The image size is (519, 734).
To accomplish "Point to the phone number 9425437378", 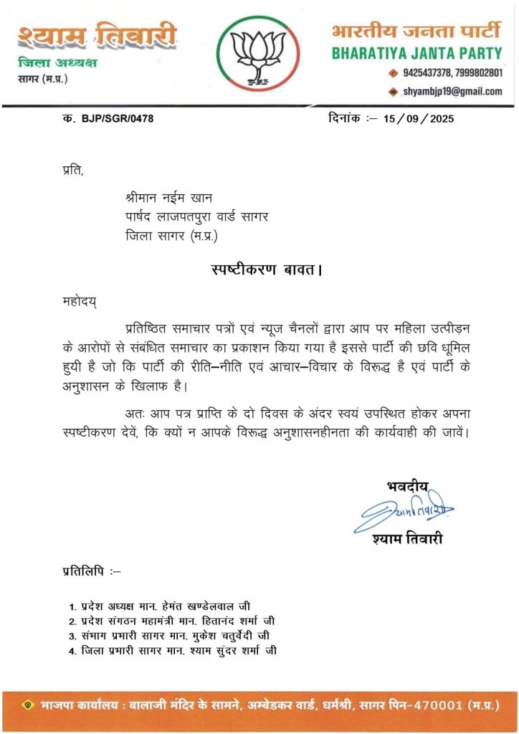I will click(x=426, y=73).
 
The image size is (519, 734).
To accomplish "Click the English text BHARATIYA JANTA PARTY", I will click(x=416, y=53).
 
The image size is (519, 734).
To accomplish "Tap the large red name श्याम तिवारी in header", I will click(x=96, y=35).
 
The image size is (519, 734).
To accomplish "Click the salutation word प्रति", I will click(x=72, y=170).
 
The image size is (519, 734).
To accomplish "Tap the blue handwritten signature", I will click(x=404, y=512).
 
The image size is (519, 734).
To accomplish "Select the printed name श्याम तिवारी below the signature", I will click(x=407, y=538).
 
